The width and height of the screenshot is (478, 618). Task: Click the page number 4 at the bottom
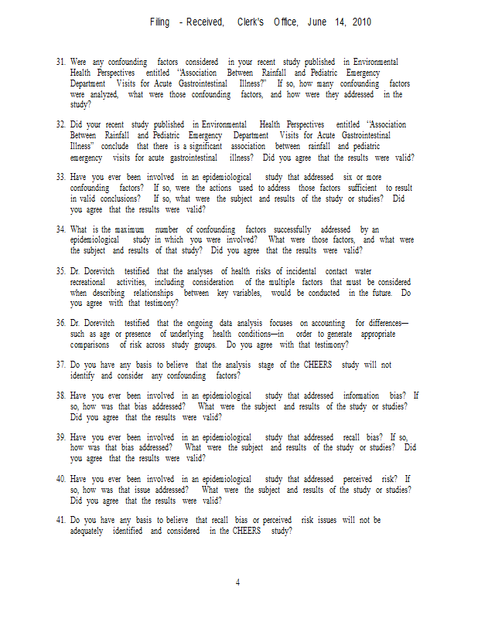pos(238,582)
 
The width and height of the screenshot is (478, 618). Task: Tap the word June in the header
pos(317,22)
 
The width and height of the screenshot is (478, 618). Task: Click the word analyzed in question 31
pos(101,94)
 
